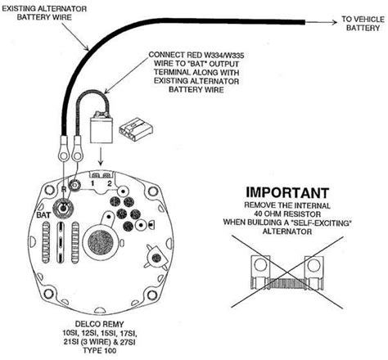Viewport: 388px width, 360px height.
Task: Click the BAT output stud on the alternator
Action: [x=74, y=187]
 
